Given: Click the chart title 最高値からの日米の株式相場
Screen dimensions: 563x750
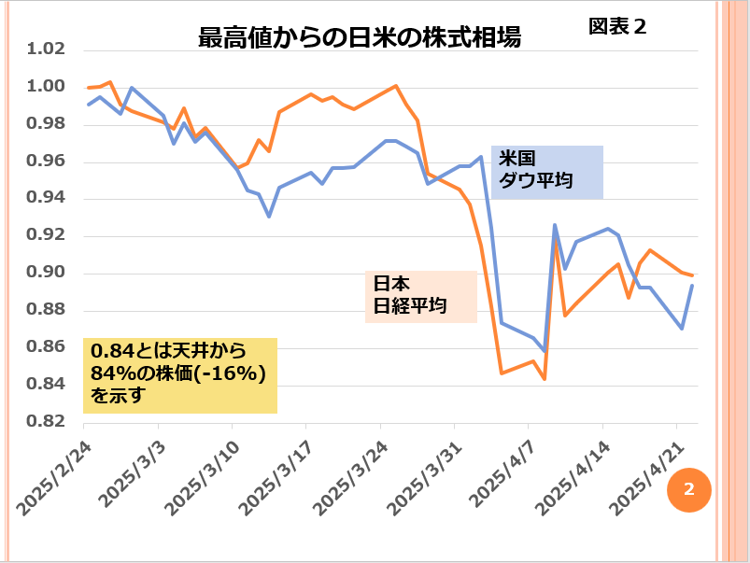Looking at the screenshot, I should tap(360, 38).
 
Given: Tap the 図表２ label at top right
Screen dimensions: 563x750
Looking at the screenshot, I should tap(616, 26).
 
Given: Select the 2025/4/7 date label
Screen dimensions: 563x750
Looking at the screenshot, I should tap(502, 466).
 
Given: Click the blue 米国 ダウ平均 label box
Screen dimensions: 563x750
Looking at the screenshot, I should tap(547, 171).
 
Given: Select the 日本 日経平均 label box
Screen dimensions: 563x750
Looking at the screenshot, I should tap(420, 296).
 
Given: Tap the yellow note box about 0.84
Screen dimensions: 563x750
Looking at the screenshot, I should tap(180, 374).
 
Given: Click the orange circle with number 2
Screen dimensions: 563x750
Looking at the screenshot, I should tap(689, 488).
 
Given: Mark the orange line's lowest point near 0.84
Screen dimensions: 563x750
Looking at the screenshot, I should tap(544, 379).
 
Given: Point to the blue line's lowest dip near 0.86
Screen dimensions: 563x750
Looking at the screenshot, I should tap(544, 350).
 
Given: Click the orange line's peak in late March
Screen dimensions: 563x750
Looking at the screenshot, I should tap(396, 86).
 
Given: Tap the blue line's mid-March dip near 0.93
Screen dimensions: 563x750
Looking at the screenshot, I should tap(269, 217).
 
